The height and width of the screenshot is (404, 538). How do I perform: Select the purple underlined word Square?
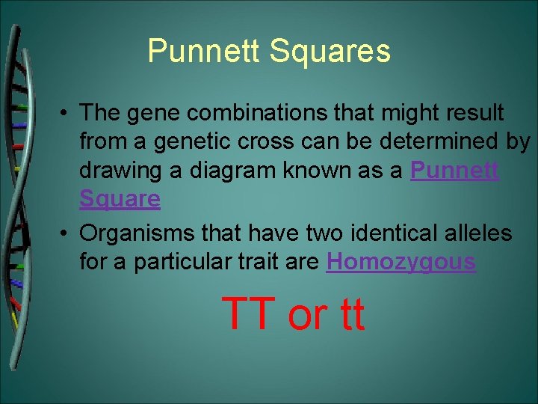coord(120,199)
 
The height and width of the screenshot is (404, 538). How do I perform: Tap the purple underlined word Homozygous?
coord(401,262)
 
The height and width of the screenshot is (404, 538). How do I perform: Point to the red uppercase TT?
coord(250,313)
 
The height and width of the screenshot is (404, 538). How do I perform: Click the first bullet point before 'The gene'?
coord(67,114)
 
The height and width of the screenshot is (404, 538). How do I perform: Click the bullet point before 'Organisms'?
coord(67,234)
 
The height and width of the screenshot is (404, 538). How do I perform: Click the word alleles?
coord(480,233)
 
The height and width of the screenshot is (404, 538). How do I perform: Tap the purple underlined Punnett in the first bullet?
coord(454,171)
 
